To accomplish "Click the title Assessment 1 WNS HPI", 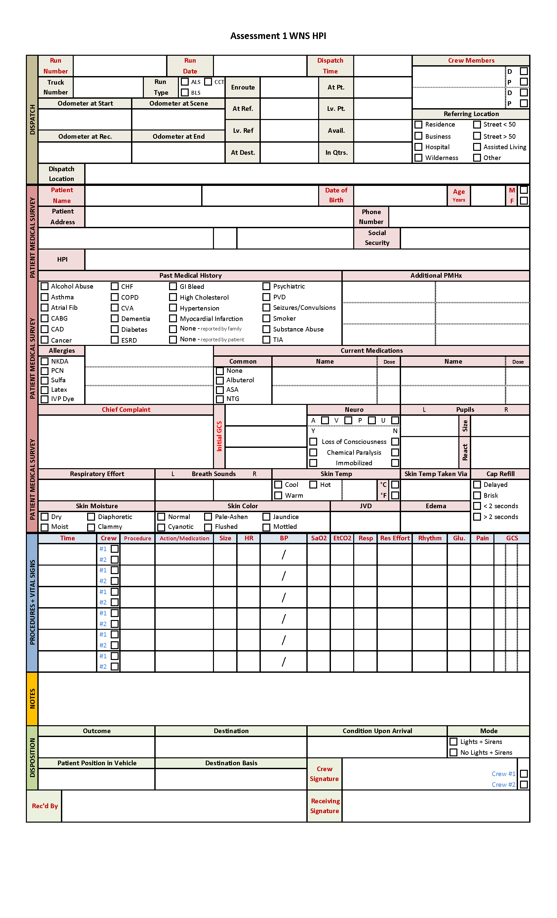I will (278, 36).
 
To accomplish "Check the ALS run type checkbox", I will (185, 82).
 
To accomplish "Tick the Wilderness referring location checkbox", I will (418, 158).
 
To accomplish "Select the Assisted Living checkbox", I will (477, 147).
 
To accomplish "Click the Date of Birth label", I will (336, 195).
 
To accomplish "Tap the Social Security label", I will (377, 238).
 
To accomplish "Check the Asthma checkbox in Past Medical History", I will (45, 297).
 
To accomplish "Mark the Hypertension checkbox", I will (173, 308).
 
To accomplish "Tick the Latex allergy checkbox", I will (45, 390).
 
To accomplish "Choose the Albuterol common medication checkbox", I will (220, 380).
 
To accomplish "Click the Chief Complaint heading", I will (126, 409).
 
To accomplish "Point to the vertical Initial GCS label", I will (219, 436).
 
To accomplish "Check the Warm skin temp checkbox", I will (278, 495).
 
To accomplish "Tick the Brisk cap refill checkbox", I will (477, 495).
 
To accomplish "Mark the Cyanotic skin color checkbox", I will (161, 527).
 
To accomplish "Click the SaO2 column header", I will (319, 538).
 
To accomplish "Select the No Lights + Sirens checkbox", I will (453, 752).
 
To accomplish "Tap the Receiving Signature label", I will (325, 806).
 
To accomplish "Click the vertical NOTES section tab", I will (32, 699).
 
